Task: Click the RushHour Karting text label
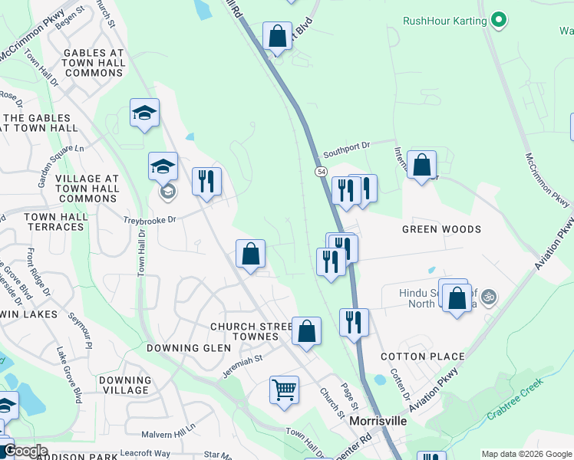(x=445, y=21)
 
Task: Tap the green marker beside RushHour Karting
(x=500, y=20)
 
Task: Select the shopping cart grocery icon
(x=284, y=389)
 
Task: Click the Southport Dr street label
(x=346, y=144)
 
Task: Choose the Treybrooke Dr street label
(x=150, y=219)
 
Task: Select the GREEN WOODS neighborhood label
(x=441, y=229)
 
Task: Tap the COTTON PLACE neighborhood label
(x=423, y=356)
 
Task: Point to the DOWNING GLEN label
(x=178, y=347)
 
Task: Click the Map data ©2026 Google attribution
(x=526, y=454)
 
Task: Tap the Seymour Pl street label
(x=79, y=327)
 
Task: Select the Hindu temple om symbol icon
(x=490, y=296)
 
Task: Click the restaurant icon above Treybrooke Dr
(x=206, y=182)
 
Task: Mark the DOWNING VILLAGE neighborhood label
(x=125, y=385)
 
